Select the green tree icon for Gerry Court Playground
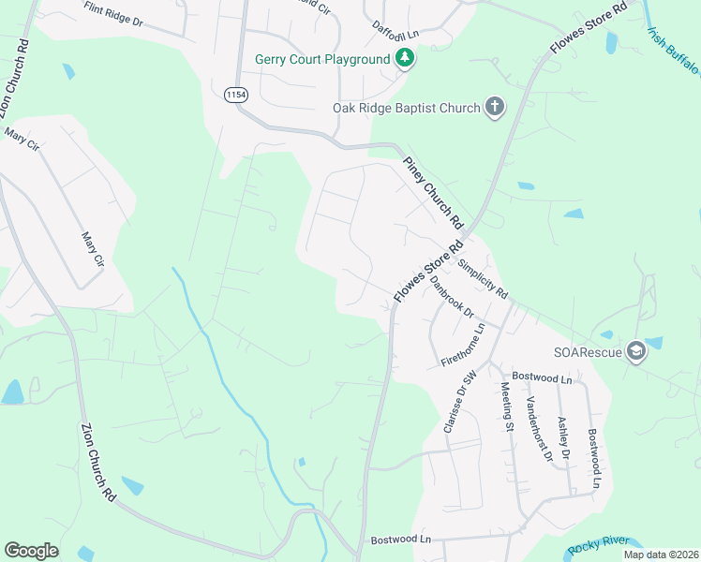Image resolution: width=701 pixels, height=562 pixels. tap(405, 59)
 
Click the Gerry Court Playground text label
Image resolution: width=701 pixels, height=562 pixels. tap(322, 59)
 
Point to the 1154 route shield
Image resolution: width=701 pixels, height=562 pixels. tap(235, 95)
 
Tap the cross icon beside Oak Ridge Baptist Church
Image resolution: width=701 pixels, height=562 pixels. tap(495, 108)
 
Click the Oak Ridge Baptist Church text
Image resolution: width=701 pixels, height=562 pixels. tap(407, 108)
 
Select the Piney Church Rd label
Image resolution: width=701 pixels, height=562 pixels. tap(434, 193)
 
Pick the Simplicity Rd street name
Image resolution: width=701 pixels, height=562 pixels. tap(483, 278)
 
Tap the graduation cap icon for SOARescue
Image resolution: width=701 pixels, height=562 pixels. tap(636, 352)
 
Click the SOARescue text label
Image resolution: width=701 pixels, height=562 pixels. tap(589, 352)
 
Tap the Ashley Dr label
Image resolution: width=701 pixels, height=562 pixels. tap(563, 437)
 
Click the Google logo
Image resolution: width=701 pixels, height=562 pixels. tap(31, 551)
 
